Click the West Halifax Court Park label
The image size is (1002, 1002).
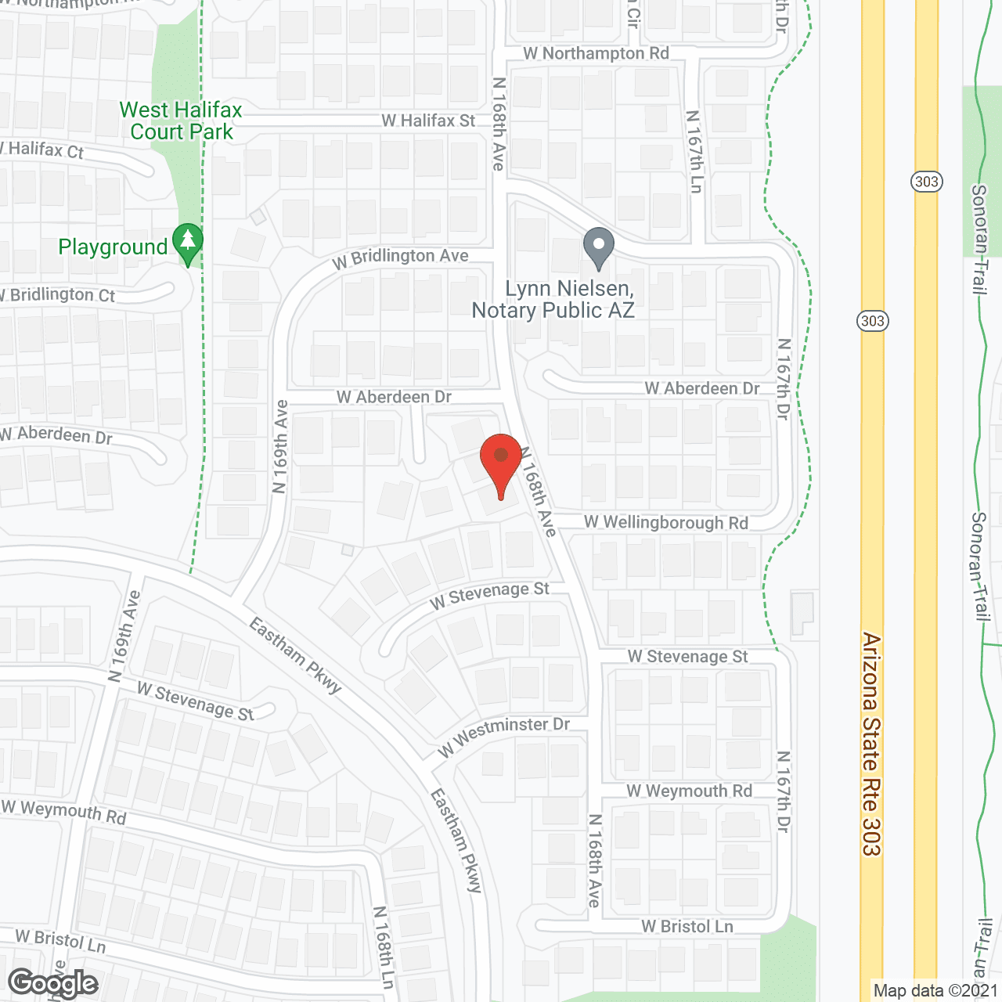click(x=181, y=121)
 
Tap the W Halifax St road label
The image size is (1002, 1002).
click(x=428, y=121)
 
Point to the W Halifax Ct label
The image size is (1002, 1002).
click(x=43, y=150)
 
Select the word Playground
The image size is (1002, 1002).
click(x=114, y=247)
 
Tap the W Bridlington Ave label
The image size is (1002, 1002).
click(x=400, y=258)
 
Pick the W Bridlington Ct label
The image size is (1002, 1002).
click(x=59, y=295)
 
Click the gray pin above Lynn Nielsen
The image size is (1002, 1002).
click(x=599, y=247)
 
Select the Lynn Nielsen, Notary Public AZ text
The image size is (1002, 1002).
click(x=553, y=300)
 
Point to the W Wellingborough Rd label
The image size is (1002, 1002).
click(x=666, y=523)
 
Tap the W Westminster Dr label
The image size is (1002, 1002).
click(x=503, y=736)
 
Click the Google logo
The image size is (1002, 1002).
click(x=53, y=983)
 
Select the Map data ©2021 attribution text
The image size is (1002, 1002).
click(x=936, y=990)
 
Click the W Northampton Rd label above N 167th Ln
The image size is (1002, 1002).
click(x=597, y=53)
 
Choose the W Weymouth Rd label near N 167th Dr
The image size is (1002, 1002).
click(x=689, y=791)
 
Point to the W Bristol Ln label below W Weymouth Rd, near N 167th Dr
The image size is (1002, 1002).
click(x=687, y=927)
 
